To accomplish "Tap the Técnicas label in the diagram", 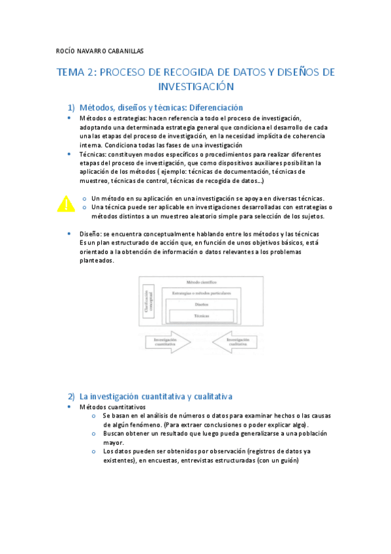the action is [x=202, y=316].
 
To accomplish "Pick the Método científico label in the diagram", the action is [x=202, y=282].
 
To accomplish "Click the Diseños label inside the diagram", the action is [x=202, y=304].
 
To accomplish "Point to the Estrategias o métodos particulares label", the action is [x=202, y=293].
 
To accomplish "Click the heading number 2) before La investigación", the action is [x=72, y=397].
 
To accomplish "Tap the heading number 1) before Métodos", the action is [x=72, y=108].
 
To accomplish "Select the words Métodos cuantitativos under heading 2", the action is [x=108, y=406].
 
